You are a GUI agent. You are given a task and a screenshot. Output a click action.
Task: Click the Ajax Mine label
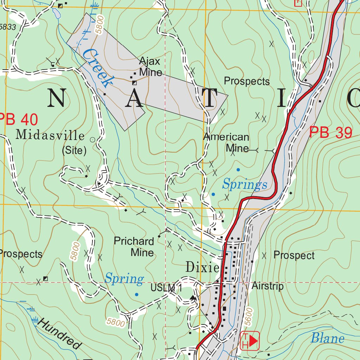click(150, 67)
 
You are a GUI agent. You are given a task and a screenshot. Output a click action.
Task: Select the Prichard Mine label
click(134, 247)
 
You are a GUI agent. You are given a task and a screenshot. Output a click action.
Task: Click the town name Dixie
click(202, 268)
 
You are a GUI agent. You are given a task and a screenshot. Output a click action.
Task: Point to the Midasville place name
click(50, 135)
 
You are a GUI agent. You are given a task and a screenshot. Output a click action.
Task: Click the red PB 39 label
click(330, 133)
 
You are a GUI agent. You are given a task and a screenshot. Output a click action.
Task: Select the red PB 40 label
click(18, 120)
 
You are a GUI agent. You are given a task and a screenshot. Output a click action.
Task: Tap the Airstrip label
click(268, 286)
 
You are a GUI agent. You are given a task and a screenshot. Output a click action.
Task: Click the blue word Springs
click(245, 184)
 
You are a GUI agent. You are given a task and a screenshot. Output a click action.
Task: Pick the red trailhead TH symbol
click(250, 340)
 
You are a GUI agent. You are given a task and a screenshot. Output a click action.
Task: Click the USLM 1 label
click(165, 288)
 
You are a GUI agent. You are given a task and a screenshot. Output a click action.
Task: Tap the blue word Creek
click(96, 68)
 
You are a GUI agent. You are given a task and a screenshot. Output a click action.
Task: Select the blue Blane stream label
click(327, 338)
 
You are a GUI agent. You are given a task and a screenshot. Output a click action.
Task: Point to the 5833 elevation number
click(8, 27)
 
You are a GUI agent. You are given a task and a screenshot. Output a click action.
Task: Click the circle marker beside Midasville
click(92, 140)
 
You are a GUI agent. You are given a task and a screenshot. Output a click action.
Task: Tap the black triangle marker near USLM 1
click(193, 298)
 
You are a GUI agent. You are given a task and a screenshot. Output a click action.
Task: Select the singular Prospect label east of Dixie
click(294, 255)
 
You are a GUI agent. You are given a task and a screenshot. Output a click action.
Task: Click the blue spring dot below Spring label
click(136, 294)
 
